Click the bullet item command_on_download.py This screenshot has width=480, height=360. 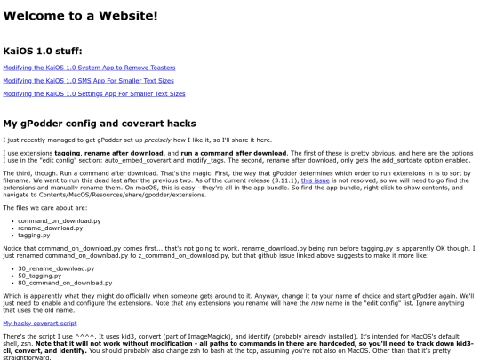click(x=59, y=220)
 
